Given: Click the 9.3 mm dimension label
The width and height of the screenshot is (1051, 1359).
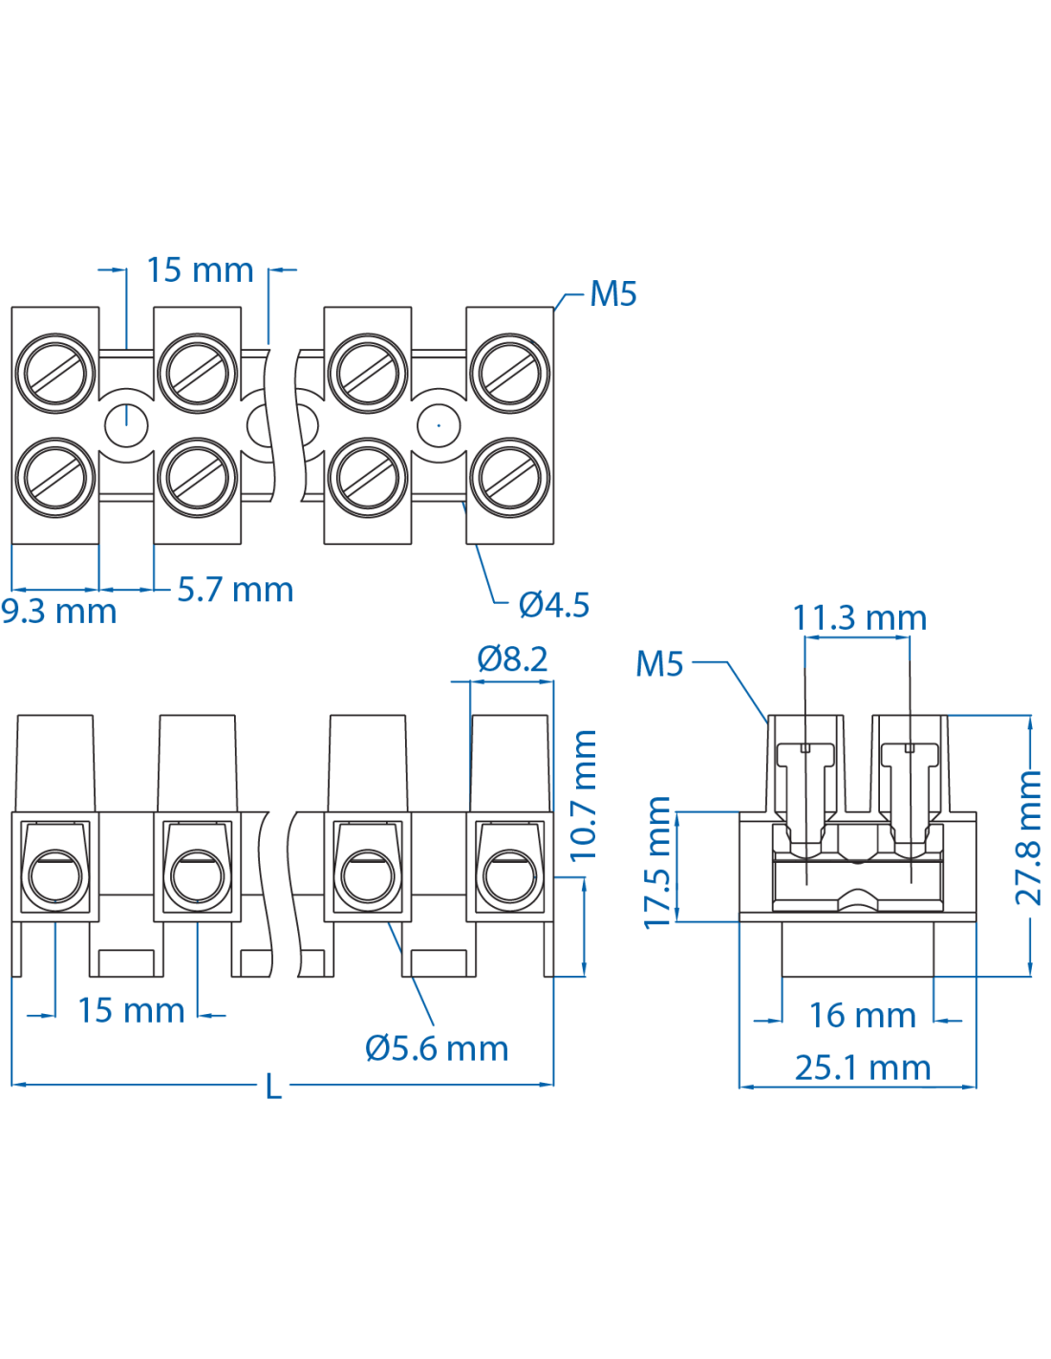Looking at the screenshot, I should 58,611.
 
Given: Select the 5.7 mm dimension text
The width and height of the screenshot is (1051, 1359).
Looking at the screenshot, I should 235,590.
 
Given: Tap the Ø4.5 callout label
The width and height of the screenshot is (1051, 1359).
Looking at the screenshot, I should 553,604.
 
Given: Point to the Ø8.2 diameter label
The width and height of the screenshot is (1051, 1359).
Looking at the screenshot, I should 512,658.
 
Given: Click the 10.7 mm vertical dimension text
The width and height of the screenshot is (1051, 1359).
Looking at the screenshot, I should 583,795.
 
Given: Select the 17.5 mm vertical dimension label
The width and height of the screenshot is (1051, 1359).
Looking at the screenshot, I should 657,862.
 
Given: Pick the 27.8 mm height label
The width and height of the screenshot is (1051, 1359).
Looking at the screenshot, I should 1028,838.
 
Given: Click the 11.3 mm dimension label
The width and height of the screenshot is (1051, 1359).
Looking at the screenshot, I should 859,617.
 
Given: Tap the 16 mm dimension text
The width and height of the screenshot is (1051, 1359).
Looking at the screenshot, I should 862,1015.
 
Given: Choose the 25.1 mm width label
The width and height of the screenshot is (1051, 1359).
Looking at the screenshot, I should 862,1068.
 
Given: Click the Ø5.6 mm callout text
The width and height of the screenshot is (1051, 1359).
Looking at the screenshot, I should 437,1048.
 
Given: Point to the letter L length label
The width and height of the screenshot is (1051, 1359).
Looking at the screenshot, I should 274,1087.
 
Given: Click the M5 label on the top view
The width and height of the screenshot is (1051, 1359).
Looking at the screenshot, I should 612,293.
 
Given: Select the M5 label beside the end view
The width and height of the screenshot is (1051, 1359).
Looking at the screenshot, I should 659,663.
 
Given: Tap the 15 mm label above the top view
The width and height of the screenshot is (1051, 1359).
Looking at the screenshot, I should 200,270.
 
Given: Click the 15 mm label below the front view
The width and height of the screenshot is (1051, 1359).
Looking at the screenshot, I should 131,1010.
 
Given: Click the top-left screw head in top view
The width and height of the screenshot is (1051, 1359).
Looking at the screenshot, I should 55,373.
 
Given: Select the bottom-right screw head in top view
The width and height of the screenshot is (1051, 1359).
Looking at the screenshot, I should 509,478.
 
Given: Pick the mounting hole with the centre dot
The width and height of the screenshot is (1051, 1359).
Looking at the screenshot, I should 439,424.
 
